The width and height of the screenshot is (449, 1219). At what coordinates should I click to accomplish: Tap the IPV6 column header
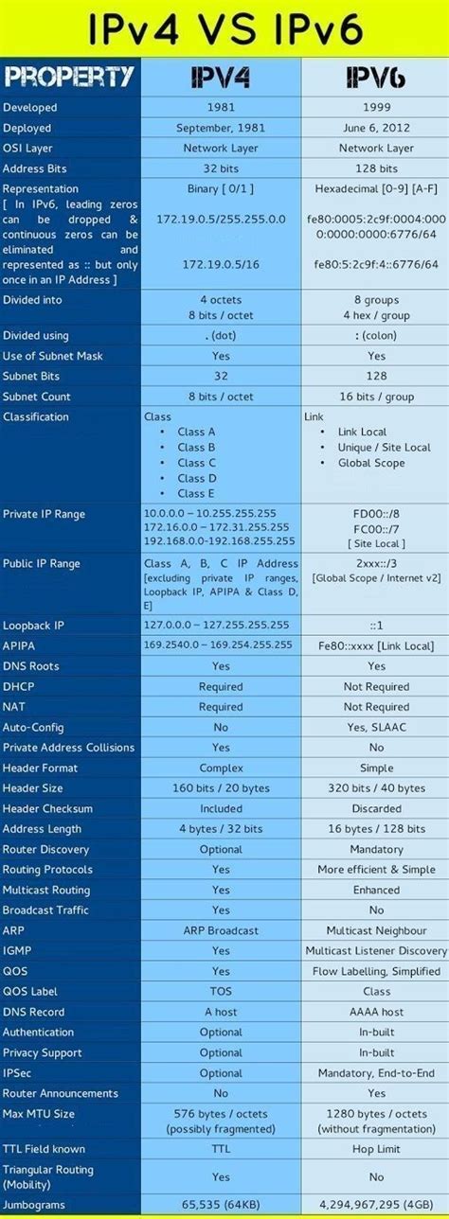point(376,76)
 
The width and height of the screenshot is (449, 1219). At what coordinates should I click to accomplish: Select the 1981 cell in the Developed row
point(221,108)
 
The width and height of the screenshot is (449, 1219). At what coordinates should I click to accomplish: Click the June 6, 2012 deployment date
point(376,128)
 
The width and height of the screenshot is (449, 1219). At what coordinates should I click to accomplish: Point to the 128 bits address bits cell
point(376,168)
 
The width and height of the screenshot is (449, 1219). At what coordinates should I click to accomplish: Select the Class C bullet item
point(196,463)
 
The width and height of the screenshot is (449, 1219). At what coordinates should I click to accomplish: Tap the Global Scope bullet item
point(370,463)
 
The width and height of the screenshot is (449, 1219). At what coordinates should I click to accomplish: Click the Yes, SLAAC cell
point(376,728)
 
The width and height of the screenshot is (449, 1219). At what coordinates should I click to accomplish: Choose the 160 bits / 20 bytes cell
point(221,788)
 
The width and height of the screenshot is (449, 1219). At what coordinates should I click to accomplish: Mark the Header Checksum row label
point(48,808)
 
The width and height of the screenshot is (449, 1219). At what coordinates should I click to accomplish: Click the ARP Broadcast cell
point(221,930)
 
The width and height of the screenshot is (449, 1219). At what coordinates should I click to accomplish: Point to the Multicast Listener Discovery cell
point(376,950)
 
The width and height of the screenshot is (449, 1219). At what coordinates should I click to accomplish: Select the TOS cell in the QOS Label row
point(221,991)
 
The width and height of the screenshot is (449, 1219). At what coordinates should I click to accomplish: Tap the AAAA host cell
point(376,1012)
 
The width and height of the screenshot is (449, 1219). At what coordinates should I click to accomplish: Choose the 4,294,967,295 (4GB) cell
point(376,1205)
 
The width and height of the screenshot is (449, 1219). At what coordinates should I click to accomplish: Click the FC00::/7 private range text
point(376,528)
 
